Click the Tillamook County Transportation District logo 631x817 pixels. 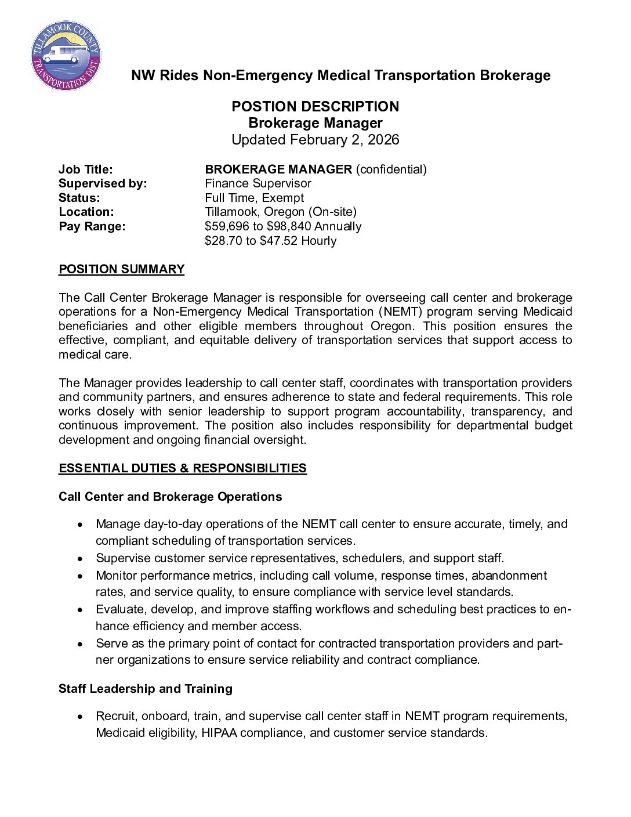pyautogui.click(x=66, y=56)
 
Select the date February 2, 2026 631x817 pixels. pyautogui.click(x=344, y=140)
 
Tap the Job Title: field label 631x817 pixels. pyautogui.click(x=86, y=169)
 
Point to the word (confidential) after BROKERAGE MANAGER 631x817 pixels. pyautogui.click(x=391, y=169)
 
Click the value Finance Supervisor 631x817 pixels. pyautogui.click(x=258, y=183)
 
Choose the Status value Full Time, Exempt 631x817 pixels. pyautogui.click(x=254, y=198)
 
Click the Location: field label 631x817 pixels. pyautogui.click(x=86, y=212)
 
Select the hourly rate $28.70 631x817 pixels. pyautogui.click(x=223, y=241)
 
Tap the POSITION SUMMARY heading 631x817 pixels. pyautogui.click(x=122, y=269)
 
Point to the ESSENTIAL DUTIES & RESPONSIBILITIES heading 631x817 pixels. pyautogui.click(x=183, y=468)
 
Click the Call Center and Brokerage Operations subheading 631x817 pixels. pyautogui.click(x=170, y=497)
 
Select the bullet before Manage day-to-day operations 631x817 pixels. pyautogui.click(x=80, y=525)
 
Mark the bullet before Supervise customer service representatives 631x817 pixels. pyautogui.click(x=80, y=559)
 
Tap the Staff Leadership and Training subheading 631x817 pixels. pyautogui.click(x=146, y=689)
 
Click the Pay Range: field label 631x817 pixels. pyautogui.click(x=92, y=226)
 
